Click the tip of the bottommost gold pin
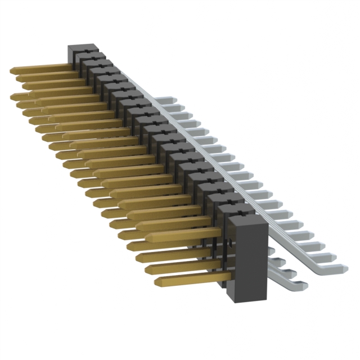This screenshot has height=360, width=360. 156,280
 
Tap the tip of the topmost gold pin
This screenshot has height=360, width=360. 12,70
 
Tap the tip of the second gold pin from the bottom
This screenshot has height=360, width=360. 147,269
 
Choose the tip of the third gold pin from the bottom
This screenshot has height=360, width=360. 138,258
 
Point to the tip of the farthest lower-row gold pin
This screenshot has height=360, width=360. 12,96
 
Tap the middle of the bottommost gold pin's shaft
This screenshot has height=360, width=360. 194,278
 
